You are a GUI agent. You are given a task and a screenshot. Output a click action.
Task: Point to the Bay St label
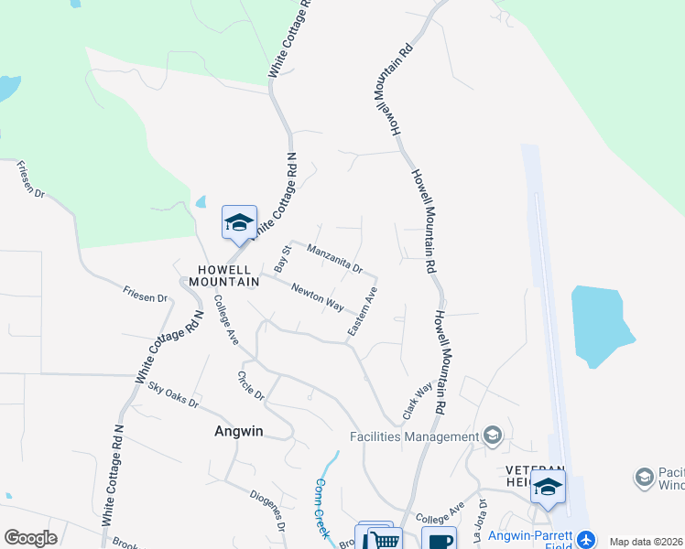point(282,256)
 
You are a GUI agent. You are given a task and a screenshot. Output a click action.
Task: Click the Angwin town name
point(238,432)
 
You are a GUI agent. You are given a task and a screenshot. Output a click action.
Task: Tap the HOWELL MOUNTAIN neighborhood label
point(219,275)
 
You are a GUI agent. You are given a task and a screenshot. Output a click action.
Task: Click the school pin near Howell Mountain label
point(239,222)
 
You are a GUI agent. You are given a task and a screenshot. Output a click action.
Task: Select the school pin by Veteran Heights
point(548,487)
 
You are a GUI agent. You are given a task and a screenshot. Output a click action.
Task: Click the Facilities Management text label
point(413,436)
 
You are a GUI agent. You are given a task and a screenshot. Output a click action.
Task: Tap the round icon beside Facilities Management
point(493,436)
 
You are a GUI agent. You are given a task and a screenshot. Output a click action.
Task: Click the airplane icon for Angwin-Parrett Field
point(583,539)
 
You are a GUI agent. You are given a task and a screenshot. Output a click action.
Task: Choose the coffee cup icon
point(440,540)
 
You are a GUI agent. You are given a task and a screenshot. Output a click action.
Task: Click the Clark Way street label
point(417,400)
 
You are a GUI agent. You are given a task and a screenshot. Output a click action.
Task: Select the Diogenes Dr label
point(267,510)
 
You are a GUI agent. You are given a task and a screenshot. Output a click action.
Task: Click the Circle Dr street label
point(250,386)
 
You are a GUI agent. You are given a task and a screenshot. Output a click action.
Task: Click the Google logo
point(30,538)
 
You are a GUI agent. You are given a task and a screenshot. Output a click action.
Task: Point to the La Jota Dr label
point(479,522)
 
